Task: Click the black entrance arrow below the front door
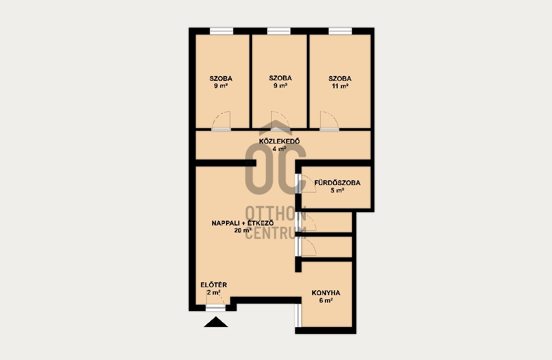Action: (x=216, y=322)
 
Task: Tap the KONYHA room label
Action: (x=326, y=293)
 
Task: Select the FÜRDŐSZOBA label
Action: (x=337, y=182)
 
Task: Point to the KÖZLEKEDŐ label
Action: (x=280, y=141)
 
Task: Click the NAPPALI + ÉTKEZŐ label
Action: (x=242, y=223)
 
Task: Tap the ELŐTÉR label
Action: (x=214, y=284)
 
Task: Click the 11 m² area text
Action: (x=340, y=86)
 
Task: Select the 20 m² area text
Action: (x=242, y=230)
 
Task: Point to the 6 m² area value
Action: (x=326, y=300)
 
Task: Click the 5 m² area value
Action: (x=337, y=190)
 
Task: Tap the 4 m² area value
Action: (x=280, y=149)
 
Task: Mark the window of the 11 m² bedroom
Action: (x=340, y=31)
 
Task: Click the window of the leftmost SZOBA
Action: (x=221, y=31)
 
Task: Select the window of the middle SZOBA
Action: (x=279, y=31)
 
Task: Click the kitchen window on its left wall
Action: (x=298, y=315)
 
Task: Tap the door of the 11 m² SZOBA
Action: (x=330, y=121)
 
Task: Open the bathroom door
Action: (x=307, y=183)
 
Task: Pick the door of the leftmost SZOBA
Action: (x=221, y=121)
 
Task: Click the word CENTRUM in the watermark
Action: (x=275, y=233)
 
